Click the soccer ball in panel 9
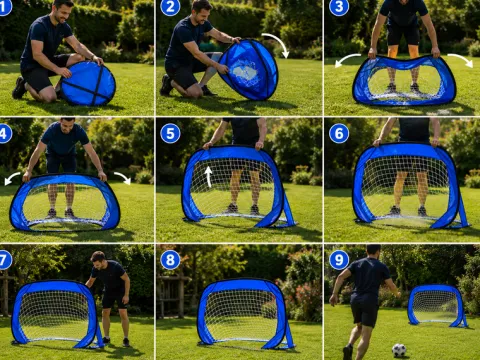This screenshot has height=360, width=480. (399, 350)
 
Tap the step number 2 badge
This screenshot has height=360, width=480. (170, 7)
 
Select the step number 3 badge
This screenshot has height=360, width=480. (339, 7)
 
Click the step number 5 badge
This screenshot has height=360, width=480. (170, 134)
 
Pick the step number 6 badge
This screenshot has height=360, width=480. (339, 134)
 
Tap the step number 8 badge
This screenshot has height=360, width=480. (170, 260)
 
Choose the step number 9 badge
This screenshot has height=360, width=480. (339, 260)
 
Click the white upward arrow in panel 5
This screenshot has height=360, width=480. (209, 176)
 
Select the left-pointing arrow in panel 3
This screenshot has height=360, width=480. (347, 58)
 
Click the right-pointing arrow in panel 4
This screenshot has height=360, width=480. (123, 177)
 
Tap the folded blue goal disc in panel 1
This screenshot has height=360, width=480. (88, 83)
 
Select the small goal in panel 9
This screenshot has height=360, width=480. (437, 306)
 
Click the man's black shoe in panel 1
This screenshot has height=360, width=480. (19, 88)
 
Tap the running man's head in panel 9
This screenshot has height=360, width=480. (373, 252)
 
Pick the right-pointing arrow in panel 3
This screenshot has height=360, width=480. (461, 59)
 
